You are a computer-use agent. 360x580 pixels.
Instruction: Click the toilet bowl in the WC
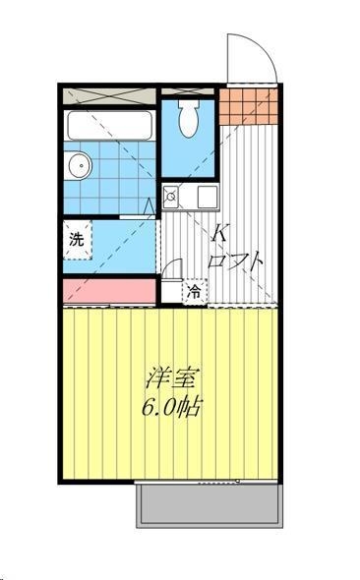tap(188, 118)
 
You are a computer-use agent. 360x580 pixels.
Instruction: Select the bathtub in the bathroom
tap(109, 125)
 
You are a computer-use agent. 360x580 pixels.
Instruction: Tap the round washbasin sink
tap(78, 165)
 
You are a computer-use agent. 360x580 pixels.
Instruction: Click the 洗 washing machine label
tap(77, 239)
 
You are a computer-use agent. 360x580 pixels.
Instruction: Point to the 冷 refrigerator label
tap(194, 291)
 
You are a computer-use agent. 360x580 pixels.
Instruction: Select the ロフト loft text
tap(235, 261)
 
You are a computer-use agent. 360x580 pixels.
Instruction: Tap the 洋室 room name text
tap(172, 377)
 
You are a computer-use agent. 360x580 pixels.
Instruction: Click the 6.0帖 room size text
tap(171, 407)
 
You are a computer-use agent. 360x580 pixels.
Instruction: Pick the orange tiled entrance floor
tap(248, 106)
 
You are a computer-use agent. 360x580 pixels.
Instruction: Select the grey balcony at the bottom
tap(210, 504)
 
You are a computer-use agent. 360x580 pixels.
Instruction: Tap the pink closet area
tap(109, 291)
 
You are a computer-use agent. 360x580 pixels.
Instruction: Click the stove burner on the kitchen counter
tap(170, 196)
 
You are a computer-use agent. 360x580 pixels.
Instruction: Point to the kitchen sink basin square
tap(208, 197)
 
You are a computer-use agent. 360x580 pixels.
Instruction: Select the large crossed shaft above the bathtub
tap(109, 96)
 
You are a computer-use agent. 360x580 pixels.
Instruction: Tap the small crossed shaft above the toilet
tap(188, 91)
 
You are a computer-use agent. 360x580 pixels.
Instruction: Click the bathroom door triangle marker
tap(150, 205)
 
